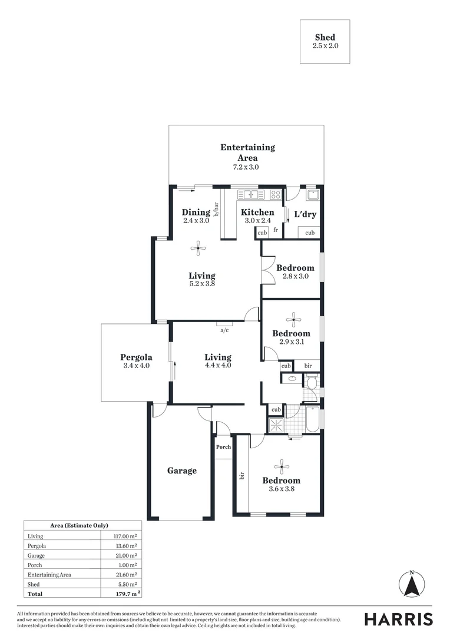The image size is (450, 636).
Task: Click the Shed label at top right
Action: tap(325, 37)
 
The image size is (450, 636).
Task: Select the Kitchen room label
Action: tap(257, 212)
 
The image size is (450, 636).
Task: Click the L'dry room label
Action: tap(305, 214)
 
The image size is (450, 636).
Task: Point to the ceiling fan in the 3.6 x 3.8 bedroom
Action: tap(282, 468)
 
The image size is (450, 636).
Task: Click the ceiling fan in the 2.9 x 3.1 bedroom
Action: tap(293, 320)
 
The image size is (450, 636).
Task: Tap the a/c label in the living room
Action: tap(224, 330)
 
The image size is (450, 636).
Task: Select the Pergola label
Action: tap(136, 357)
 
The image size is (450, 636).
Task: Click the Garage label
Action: tap(181, 471)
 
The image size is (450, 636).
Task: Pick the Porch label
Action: tap(223, 446)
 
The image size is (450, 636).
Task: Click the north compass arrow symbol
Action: tap(412, 584)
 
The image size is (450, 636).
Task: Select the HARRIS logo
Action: tap(398, 619)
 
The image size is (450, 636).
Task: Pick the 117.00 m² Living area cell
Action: tap(125, 536)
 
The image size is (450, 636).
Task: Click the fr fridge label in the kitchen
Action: tap(275, 230)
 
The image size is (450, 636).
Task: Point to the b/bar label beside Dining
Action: tap(216, 210)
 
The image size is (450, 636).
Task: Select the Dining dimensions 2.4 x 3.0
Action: tap(196, 221)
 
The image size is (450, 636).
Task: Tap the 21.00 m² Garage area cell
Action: tap(125, 555)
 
